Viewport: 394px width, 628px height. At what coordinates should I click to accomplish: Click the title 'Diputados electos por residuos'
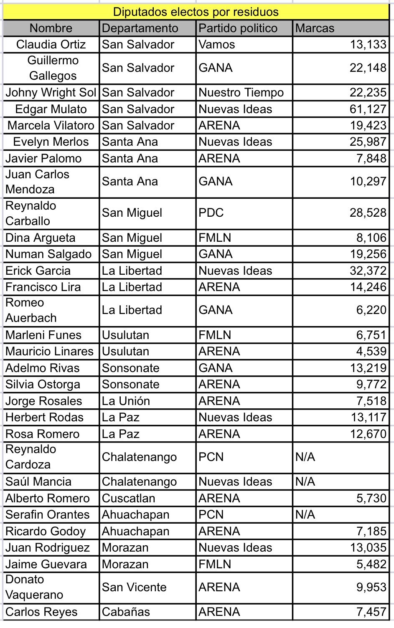tap(196, 12)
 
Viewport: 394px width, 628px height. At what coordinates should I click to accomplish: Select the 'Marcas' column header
tap(315, 28)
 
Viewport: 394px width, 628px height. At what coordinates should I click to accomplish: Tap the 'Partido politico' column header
tap(238, 28)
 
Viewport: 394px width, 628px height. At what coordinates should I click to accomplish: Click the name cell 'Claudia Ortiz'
tap(51, 45)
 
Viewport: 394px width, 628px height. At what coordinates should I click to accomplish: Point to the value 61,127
tap(368, 109)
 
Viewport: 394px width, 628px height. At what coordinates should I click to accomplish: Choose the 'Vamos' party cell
tap(217, 45)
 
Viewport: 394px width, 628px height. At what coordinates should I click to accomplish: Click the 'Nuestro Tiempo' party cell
tap(241, 93)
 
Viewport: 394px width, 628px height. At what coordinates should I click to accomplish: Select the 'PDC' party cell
tap(211, 213)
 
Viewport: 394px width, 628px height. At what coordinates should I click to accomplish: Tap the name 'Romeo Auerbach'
tap(31, 310)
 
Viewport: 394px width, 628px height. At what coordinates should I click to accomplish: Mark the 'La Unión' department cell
tap(126, 401)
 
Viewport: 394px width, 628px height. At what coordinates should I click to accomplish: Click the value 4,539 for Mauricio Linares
tap(371, 352)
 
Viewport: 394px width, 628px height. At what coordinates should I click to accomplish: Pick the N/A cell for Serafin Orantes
tap(305, 515)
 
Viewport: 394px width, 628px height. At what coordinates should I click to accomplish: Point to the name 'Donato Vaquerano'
tap(34, 587)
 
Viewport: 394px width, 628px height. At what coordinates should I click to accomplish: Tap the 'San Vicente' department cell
tap(134, 587)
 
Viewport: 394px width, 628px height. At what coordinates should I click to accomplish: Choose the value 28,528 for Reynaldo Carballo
tap(368, 213)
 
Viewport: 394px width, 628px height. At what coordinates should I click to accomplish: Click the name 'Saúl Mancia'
tap(38, 482)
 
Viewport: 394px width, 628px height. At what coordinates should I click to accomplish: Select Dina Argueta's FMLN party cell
tap(215, 238)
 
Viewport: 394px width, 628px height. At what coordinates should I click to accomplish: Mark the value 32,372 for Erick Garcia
tap(368, 271)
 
